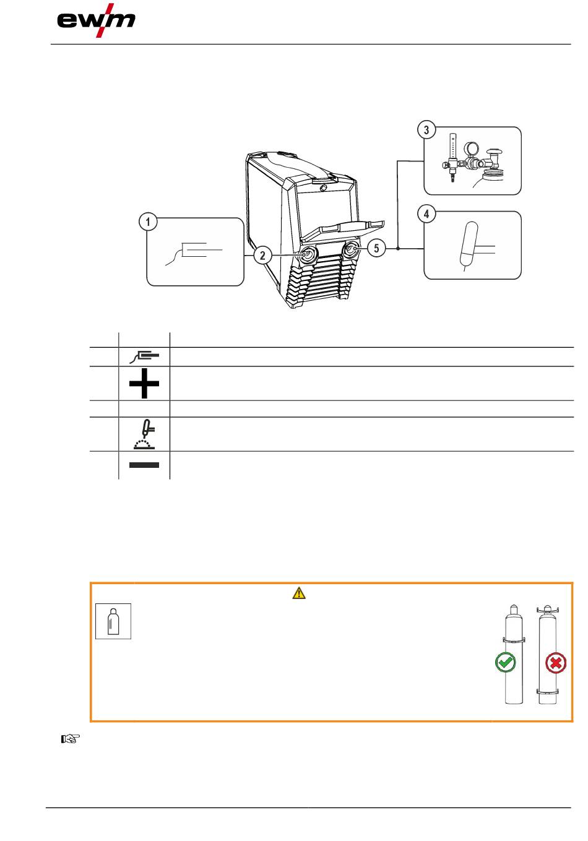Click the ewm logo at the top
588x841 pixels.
pos(96,20)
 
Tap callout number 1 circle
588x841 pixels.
pos(147,222)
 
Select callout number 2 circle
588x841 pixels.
pos(262,256)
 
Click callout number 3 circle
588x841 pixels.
pos(426,130)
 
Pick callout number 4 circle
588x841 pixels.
pos(426,214)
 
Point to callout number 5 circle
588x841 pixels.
pos(376,248)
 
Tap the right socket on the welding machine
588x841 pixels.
pos(351,249)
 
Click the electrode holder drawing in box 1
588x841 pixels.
pos(194,254)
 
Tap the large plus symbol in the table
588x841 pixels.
pos(144,383)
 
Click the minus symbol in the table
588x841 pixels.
pos(144,465)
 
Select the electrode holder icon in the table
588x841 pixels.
pos(144,356)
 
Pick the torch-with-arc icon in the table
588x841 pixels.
pos(144,434)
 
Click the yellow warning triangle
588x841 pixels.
pos(299,593)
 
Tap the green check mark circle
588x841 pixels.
pos(506,662)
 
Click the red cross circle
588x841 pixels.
pos(556,663)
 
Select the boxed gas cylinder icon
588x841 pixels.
pos(113,621)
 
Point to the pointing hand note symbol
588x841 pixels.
pos(71,740)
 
